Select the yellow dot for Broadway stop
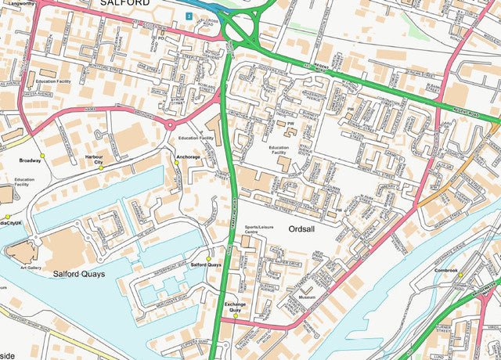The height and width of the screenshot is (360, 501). click(44, 155)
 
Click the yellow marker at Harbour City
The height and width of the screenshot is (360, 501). click(100, 168)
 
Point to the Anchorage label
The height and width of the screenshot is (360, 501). click(188, 157)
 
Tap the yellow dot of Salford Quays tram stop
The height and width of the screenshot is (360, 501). click(209, 259)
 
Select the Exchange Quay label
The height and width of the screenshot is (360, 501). click(235, 306)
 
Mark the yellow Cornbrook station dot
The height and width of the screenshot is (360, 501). click(461, 275)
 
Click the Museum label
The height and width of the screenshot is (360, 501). click(307, 298)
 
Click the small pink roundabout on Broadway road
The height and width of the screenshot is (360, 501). click(170, 124)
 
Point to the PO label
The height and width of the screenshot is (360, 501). click(160, 38)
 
